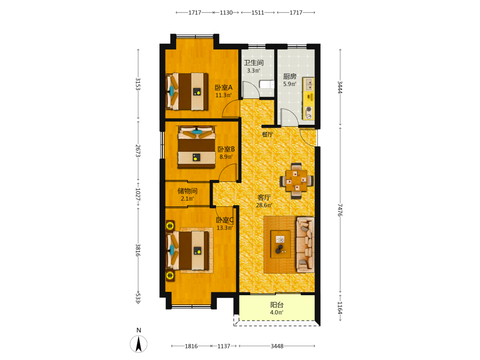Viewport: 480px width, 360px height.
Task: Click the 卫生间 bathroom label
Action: pyautogui.click(x=253, y=63)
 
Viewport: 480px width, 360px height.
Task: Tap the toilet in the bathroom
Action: pyautogui.click(x=266, y=84)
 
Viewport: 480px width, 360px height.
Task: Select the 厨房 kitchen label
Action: pyautogui.click(x=289, y=76)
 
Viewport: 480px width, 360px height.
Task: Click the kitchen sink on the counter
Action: pyautogui.click(x=308, y=84)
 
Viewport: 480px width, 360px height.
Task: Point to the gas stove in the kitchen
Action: pyautogui.click(x=309, y=113)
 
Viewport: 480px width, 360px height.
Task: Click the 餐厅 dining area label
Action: pyautogui.click(x=267, y=134)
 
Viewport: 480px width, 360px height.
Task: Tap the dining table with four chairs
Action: pyautogui.click(x=296, y=181)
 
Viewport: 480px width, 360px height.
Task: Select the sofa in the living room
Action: pyautogui.click(x=305, y=245)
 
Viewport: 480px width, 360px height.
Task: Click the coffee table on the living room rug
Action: pyautogui.click(x=281, y=244)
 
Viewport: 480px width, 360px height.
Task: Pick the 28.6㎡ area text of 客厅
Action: pyautogui.click(x=264, y=205)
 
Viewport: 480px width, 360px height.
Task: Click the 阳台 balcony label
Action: pyautogui.click(x=277, y=305)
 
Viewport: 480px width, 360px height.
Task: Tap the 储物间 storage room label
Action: pyautogui.click(x=187, y=191)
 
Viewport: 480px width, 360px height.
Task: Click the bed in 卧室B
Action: pyautogui.click(x=196, y=147)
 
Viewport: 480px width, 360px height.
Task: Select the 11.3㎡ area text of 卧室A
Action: pyautogui.click(x=224, y=95)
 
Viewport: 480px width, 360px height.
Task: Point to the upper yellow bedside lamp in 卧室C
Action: pyautogui.click(x=170, y=226)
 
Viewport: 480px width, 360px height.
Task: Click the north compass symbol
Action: pyautogui.click(x=139, y=344)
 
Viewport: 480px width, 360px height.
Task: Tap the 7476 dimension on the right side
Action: pyautogui.click(x=340, y=210)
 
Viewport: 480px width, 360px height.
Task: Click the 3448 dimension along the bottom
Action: pyautogui.click(x=277, y=346)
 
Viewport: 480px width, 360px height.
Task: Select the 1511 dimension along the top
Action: pyautogui.click(x=258, y=12)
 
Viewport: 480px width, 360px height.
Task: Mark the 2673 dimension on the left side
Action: pyautogui.click(x=138, y=151)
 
